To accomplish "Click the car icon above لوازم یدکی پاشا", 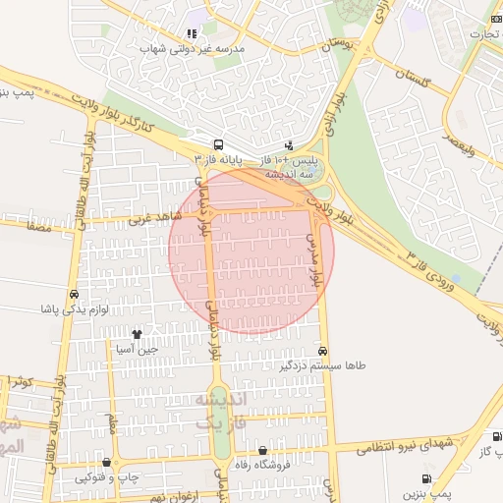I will click(x=74, y=294).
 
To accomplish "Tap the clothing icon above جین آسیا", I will click(x=137, y=334).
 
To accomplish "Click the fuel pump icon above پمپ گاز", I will click(x=496, y=437).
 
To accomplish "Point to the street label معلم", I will click(x=112, y=424).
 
